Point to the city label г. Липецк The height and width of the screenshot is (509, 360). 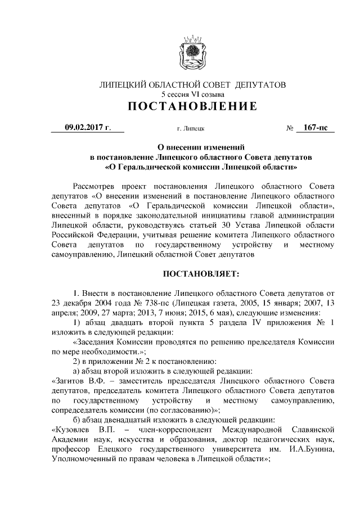click(x=190, y=129)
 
